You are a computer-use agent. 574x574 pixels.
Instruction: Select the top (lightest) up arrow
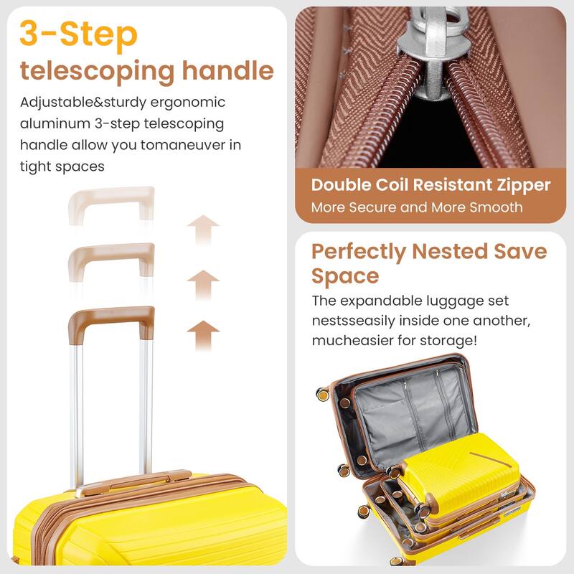coord(202,230)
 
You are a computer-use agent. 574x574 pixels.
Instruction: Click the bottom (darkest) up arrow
coord(202,335)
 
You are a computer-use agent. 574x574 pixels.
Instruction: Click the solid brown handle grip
coord(111,316)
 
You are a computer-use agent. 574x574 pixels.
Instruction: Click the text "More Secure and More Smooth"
coord(417,208)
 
